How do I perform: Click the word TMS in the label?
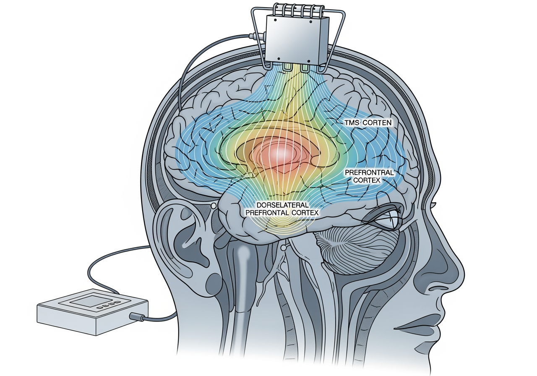(x=352, y=123)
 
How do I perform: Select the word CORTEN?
(x=377, y=123)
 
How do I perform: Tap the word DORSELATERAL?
(x=282, y=205)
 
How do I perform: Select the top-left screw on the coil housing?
(x=276, y=20)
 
